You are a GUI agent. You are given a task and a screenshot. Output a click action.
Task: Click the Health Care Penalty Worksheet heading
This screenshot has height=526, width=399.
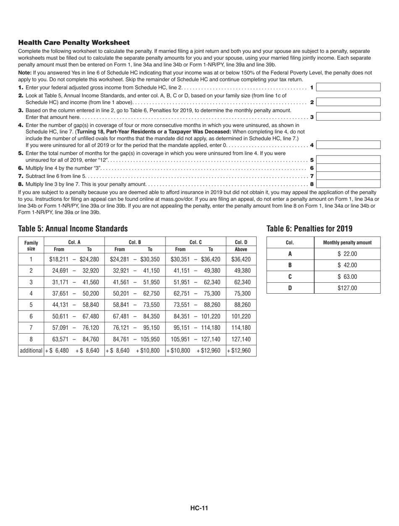tap(74, 42)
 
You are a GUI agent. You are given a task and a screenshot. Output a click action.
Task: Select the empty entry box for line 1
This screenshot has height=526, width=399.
tap(348, 87)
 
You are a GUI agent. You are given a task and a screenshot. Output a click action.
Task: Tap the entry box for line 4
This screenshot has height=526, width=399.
tap(348, 145)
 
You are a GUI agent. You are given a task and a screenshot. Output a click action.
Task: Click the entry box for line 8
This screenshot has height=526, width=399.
tap(348, 184)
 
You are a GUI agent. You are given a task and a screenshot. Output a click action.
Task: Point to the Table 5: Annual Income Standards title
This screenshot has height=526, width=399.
tap(73, 229)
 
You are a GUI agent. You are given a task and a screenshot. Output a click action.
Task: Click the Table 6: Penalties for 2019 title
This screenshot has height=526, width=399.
tap(309, 229)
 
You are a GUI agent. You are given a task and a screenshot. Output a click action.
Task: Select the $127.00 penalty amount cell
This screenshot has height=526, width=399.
tap(347, 288)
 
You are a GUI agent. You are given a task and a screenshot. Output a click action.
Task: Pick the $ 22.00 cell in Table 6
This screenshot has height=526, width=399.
tap(347, 254)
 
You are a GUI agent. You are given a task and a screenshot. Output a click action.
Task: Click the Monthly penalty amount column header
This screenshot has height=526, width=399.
tap(347, 243)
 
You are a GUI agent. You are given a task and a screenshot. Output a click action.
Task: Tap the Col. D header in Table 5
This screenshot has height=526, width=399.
tap(241, 242)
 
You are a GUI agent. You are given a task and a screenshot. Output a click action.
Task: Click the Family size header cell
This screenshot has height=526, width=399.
tap(31, 245)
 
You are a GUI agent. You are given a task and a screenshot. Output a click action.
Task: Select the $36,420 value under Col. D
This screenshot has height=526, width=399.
tap(241, 259)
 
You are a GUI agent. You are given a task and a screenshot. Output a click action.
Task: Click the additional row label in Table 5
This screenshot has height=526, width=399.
tap(31, 350)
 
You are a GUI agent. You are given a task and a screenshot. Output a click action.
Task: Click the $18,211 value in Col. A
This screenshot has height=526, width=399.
tap(58, 259)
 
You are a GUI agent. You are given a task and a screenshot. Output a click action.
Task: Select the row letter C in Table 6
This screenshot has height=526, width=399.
tap(290, 276)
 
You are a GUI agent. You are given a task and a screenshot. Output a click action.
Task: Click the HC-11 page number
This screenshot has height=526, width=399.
tap(199, 508)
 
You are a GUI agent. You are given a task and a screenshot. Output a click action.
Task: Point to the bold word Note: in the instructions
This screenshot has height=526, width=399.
tap(25, 73)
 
